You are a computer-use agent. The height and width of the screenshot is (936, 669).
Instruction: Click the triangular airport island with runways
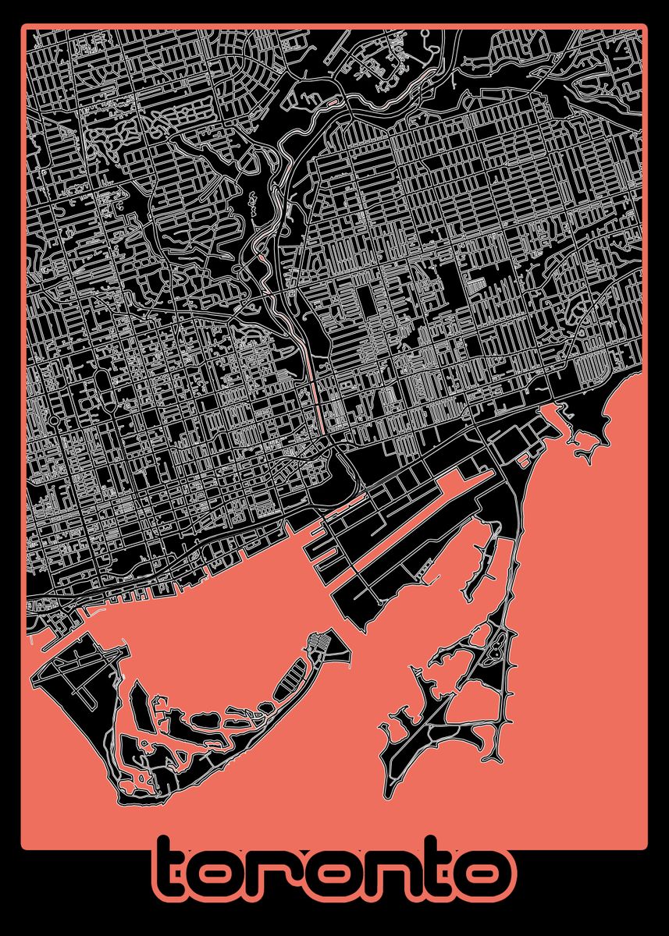[78, 671]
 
